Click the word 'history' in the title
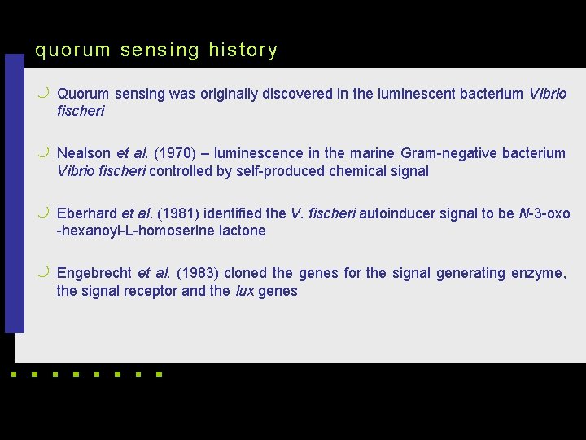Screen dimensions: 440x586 (x=243, y=51)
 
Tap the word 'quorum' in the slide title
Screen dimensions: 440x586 (x=72, y=51)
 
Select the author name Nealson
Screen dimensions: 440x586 (x=84, y=153)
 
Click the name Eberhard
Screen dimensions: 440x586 (x=87, y=213)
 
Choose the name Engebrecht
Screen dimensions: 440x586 (x=94, y=273)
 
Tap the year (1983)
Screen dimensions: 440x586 (x=198, y=273)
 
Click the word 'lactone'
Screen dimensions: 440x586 (x=242, y=231)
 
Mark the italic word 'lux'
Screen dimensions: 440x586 (x=244, y=291)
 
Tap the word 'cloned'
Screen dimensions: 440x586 (x=246, y=273)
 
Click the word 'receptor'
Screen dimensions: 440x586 (x=149, y=291)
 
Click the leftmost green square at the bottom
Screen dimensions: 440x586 (x=13, y=376)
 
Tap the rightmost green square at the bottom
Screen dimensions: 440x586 (x=158, y=376)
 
